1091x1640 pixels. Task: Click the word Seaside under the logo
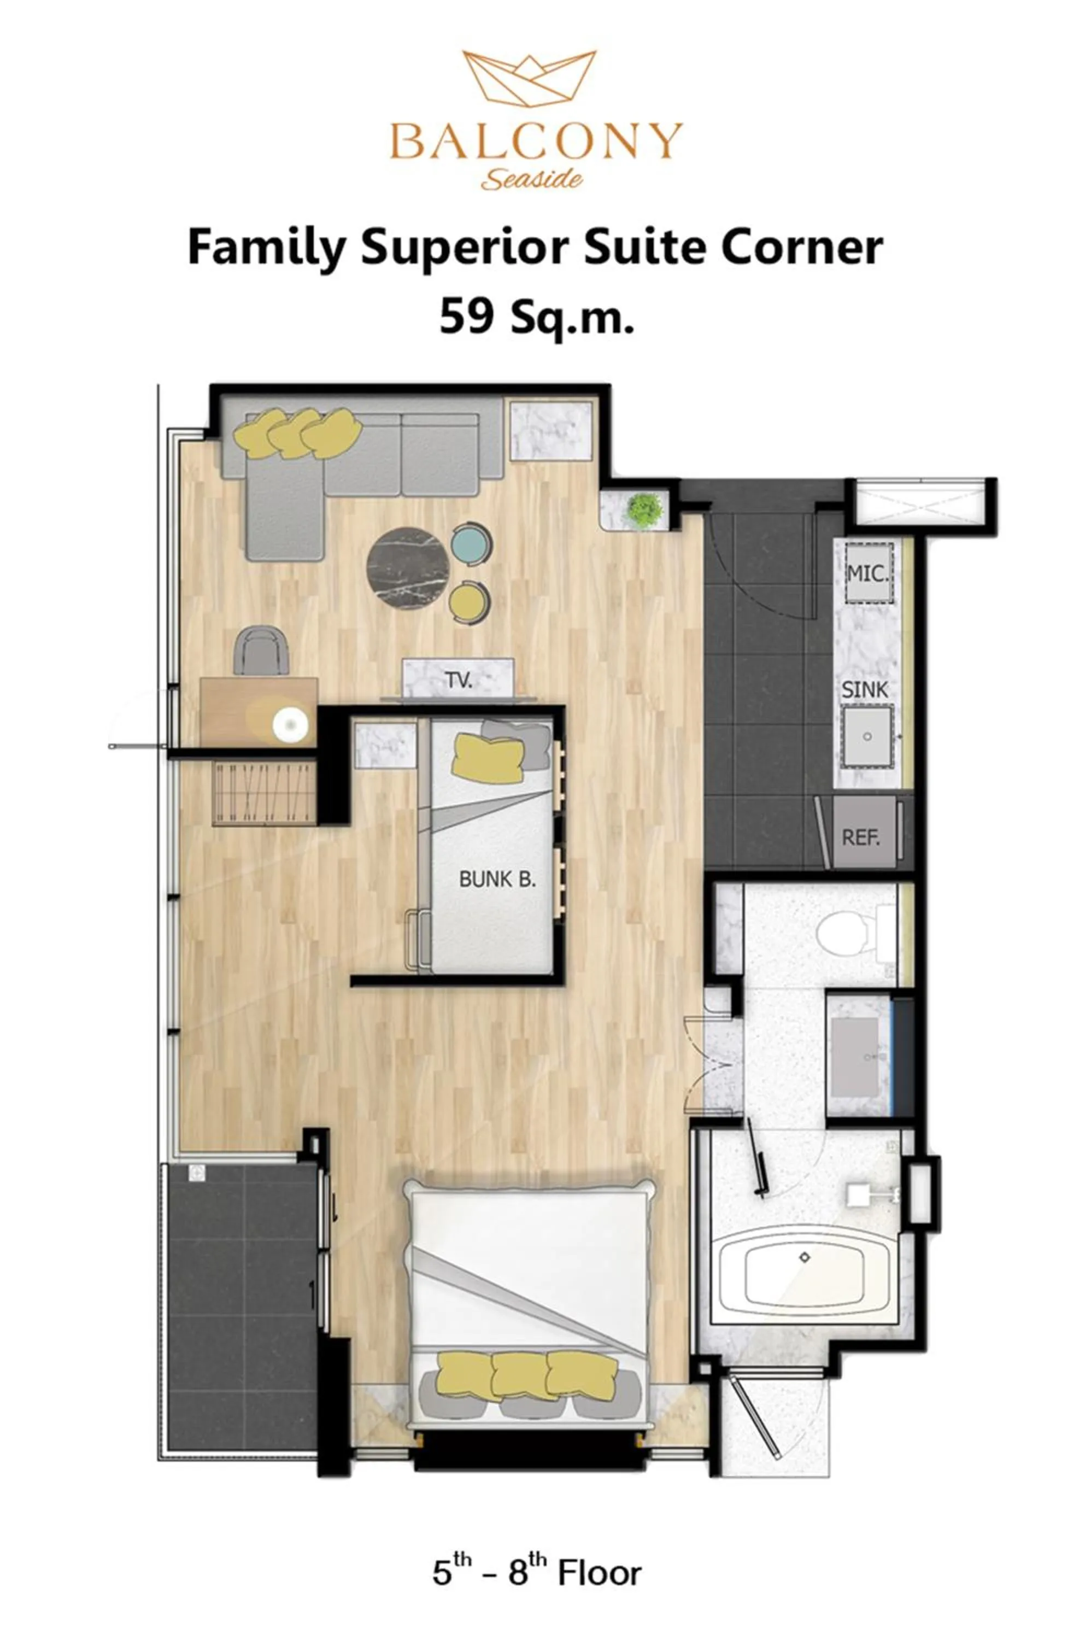pos(532,179)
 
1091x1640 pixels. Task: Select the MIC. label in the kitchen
pos(867,573)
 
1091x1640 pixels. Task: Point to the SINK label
pos(865,689)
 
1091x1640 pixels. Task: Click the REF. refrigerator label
pos(861,837)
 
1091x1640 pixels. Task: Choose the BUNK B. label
pos(497,879)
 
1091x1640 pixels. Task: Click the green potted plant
pos(643,511)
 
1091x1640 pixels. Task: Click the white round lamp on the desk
pos(290,724)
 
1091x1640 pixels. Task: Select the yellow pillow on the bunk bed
pos(487,758)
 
